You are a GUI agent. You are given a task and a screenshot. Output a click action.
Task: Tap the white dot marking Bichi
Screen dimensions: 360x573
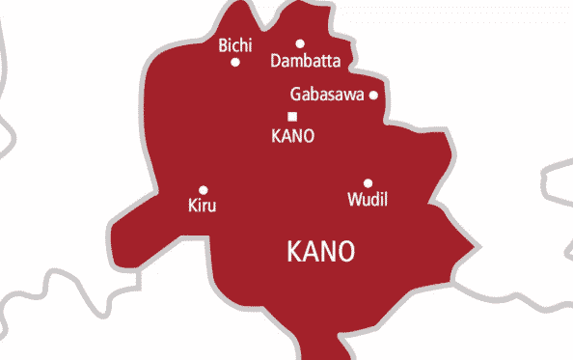pos(235,63)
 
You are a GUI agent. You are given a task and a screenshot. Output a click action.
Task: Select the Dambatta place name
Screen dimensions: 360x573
pos(307,62)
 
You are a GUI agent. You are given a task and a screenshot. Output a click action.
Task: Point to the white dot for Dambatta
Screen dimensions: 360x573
pos(300,43)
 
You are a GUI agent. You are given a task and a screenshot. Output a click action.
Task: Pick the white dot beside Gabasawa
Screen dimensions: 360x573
pos(373,95)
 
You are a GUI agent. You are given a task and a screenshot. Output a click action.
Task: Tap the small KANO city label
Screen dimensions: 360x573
pos(294,136)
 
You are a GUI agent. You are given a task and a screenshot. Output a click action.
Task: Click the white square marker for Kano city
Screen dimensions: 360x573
pos(292,117)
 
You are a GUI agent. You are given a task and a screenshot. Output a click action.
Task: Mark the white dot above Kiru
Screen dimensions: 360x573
pos(203,190)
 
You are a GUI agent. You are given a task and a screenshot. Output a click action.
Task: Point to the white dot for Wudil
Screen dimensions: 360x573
pos(368,183)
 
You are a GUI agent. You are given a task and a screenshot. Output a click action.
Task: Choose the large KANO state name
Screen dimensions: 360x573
pos(321,252)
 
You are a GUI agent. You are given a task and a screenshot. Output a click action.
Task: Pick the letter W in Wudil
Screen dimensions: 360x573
pos(351,201)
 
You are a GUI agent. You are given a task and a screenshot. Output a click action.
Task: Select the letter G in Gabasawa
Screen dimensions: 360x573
pos(295,95)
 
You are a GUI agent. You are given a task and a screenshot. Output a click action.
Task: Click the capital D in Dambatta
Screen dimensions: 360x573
pos(278,62)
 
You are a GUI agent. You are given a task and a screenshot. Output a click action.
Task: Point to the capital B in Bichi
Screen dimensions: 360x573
pos(223,44)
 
